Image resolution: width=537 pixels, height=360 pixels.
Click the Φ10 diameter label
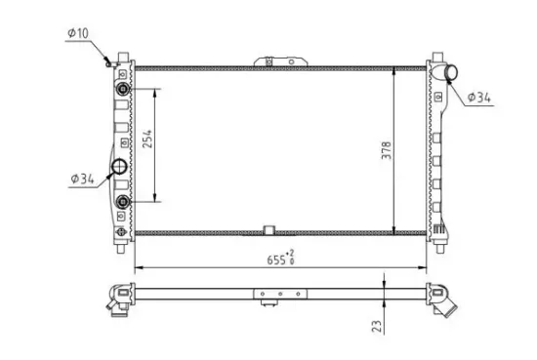point(77,35)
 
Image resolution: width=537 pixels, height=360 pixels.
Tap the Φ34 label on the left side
point(81,179)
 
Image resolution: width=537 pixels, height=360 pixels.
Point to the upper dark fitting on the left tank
point(122,89)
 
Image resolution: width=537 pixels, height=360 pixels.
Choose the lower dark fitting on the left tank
point(122,202)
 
